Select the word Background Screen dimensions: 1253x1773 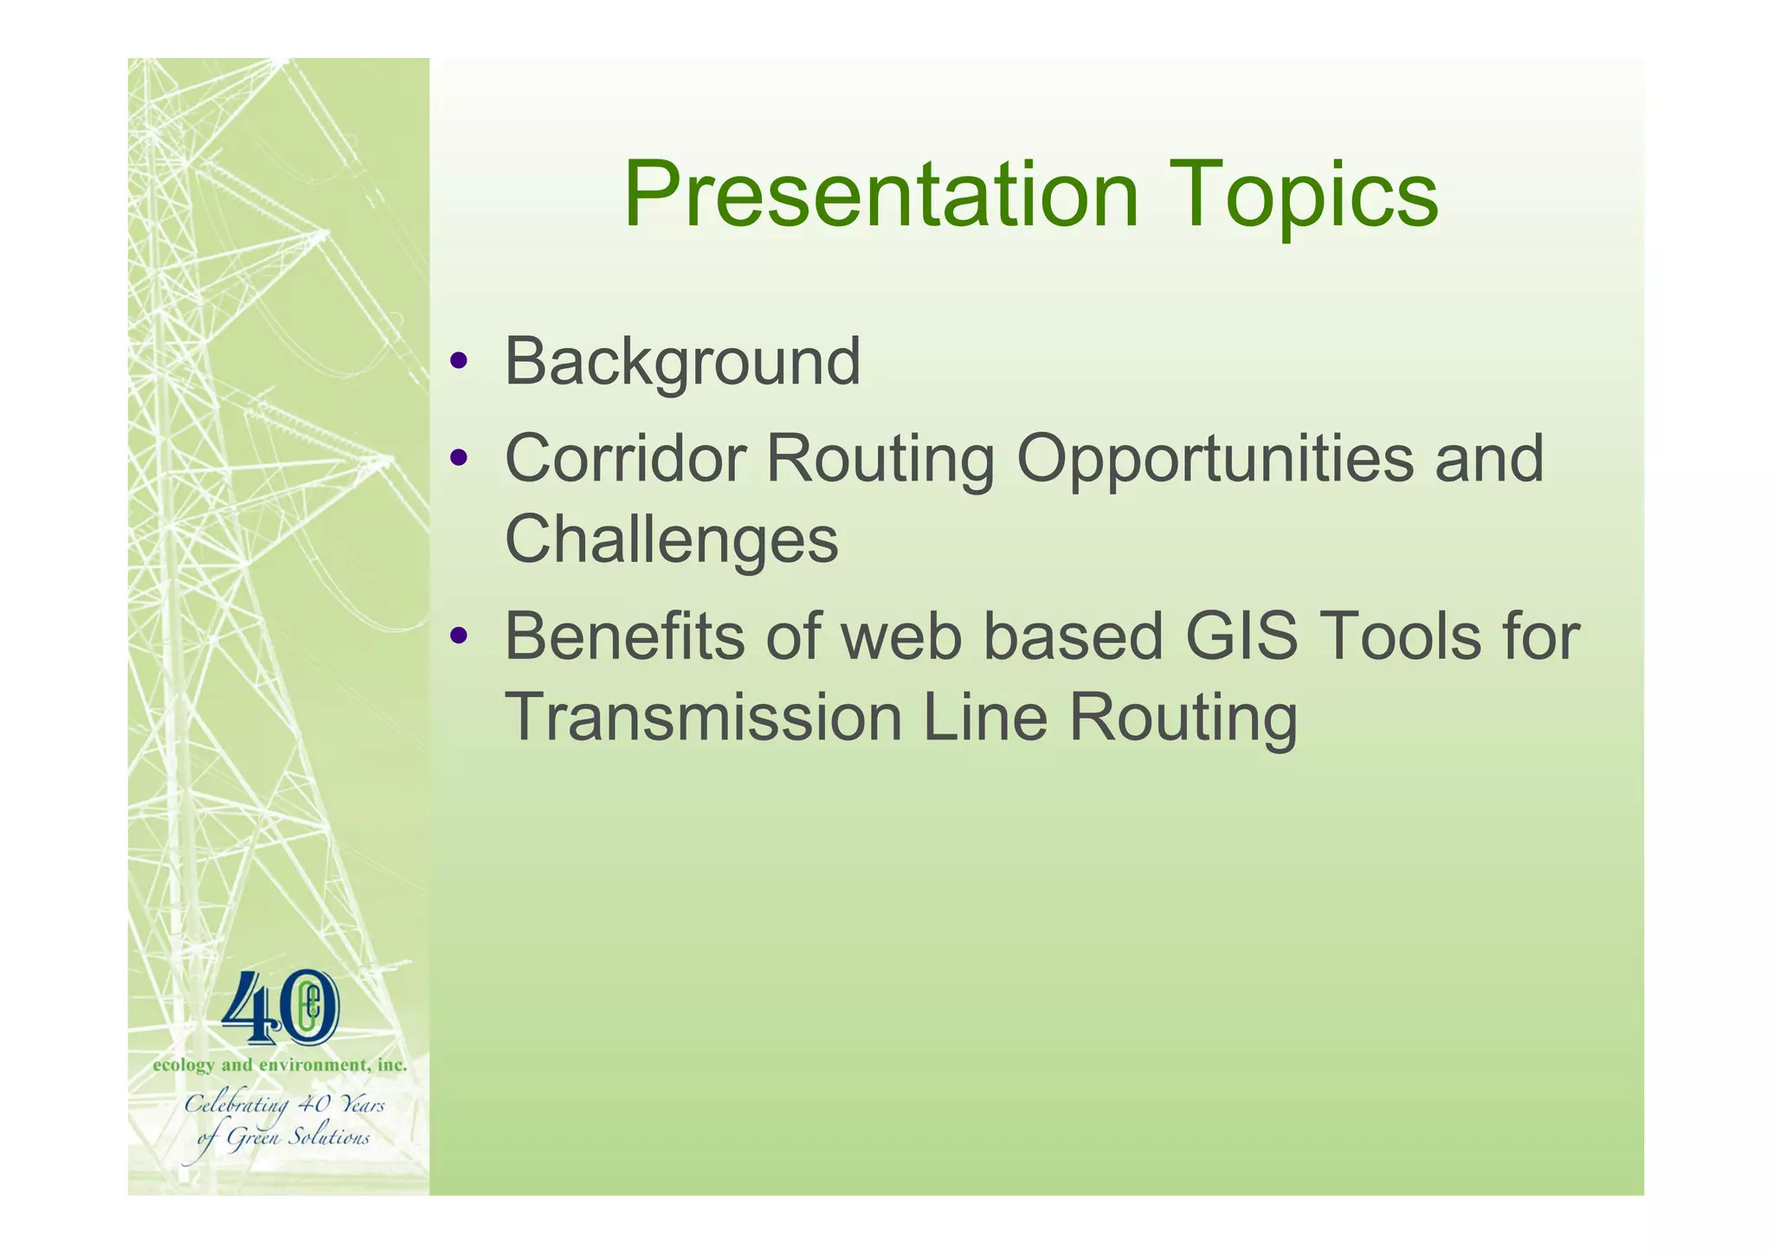[682, 362]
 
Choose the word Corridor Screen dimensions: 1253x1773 [625, 458]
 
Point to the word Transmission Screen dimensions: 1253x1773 [703, 718]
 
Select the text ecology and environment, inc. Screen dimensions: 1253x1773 [280, 1065]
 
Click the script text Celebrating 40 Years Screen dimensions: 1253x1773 [285, 1106]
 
